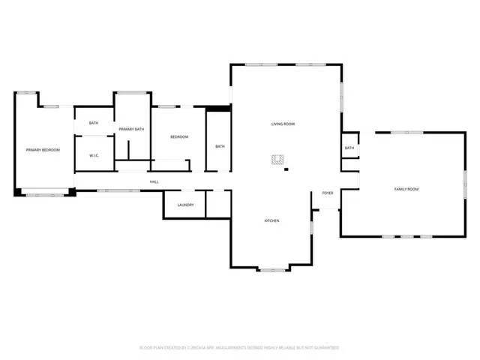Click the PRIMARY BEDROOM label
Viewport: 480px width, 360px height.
43,150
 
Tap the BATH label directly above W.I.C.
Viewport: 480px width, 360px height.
94,123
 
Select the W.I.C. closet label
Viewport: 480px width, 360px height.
94,156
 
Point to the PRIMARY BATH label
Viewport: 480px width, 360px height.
130,130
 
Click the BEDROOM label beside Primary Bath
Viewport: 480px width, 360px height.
178,136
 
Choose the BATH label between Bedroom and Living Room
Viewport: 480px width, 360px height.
220,146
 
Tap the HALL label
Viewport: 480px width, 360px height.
154,181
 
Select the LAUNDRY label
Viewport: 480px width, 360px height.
186,205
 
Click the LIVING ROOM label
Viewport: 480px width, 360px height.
283,123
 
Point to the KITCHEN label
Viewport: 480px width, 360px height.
271,220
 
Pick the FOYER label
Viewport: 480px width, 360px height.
328,193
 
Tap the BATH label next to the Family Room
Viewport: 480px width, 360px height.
349,148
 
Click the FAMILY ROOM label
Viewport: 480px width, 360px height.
406,188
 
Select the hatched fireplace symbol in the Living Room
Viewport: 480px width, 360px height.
278,159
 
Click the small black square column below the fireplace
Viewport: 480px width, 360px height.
286,169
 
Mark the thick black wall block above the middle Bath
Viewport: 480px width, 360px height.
218,109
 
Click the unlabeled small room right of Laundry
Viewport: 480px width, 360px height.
218,203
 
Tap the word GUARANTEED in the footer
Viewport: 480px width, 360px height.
324,348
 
